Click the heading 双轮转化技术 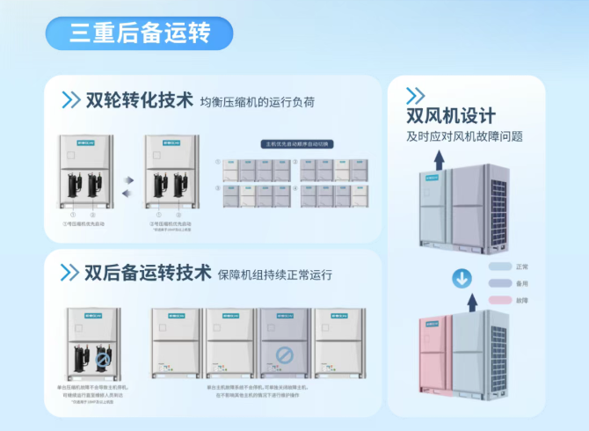pyautogui.click(x=140, y=100)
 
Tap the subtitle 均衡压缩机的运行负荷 pyautogui.click(x=257, y=102)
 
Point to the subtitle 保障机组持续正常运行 pyautogui.click(x=274, y=274)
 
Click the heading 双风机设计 pyautogui.click(x=451, y=116)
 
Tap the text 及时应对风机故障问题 pyautogui.click(x=464, y=136)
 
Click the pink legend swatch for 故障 pyautogui.click(x=500, y=300)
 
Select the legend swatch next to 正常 pyautogui.click(x=500, y=267)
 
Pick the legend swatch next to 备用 pyautogui.click(x=500, y=283)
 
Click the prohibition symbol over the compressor pyautogui.click(x=104, y=359)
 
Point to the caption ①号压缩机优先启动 pyautogui.click(x=85, y=223)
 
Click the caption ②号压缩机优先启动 pyautogui.click(x=171, y=223)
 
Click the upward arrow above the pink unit pyautogui.click(x=471, y=303)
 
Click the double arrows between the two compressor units pyautogui.click(x=127, y=186)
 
